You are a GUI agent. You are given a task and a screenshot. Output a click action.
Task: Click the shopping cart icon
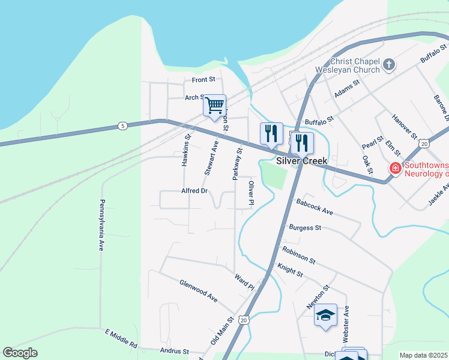pyautogui.click(x=214, y=106)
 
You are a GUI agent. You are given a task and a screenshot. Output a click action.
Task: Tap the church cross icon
pyautogui.click(x=389, y=64)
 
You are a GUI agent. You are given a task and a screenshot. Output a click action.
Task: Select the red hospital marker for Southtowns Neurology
pyautogui.click(x=395, y=168)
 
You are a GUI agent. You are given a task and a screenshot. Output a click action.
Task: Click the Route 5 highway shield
pyautogui.click(x=122, y=125)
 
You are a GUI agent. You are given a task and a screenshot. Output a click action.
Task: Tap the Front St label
pyautogui.click(x=203, y=79)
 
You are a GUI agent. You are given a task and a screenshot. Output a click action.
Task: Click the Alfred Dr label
pyautogui.click(x=194, y=191)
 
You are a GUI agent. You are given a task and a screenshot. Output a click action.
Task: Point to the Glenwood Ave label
pyautogui.click(x=198, y=290)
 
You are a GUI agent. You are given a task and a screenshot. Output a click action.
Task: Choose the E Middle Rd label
pyautogui.click(x=121, y=339)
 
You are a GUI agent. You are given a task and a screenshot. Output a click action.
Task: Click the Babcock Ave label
pyautogui.click(x=314, y=206)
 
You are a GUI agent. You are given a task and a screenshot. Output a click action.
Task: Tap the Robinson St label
pyautogui.click(x=298, y=254)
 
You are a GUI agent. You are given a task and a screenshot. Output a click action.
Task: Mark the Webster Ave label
pyautogui.click(x=346, y=324)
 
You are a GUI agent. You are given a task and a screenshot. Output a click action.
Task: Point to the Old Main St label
pyautogui.click(x=221, y=331)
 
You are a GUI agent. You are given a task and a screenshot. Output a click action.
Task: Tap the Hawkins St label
pyautogui.click(x=187, y=151)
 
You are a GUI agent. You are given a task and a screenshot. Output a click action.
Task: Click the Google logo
pyautogui.click(x=20, y=352)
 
